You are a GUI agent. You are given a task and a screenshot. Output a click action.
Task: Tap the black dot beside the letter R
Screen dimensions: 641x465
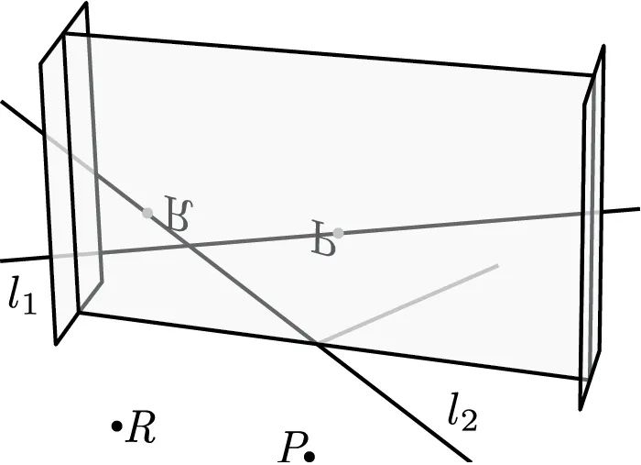tap(116, 426)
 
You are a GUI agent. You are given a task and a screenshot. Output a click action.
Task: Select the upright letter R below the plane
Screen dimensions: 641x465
tap(142, 427)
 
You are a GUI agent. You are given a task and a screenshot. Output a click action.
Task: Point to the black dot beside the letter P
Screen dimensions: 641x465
tap(310, 455)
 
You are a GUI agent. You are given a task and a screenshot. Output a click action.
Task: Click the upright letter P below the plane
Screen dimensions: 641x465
tap(292, 448)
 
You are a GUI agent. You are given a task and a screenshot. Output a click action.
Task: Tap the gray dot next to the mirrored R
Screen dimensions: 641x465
tap(147, 212)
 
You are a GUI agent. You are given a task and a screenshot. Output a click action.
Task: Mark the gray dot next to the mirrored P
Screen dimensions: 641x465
tap(338, 233)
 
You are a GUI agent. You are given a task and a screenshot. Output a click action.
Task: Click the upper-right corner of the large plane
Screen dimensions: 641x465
tap(593, 76)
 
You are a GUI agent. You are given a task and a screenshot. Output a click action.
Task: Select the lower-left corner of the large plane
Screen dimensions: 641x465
tap(81, 313)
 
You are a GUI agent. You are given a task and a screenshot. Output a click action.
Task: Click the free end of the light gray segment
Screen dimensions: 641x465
tap(497, 266)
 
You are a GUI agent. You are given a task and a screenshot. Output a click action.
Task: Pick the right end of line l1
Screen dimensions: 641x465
tap(638, 209)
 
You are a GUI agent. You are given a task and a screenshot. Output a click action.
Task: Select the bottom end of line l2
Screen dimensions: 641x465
tap(471, 459)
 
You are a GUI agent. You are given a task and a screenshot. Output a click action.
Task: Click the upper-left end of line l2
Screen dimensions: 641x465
tap(2, 101)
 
